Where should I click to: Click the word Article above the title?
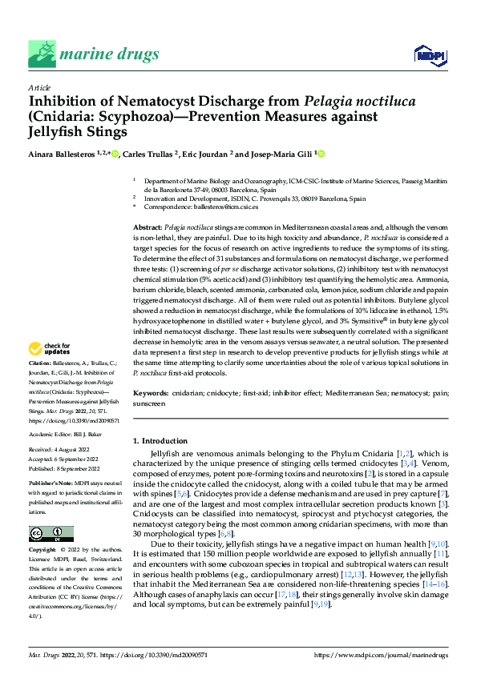point(40,87)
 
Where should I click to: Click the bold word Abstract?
point(147,229)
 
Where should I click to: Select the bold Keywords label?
point(150,394)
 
